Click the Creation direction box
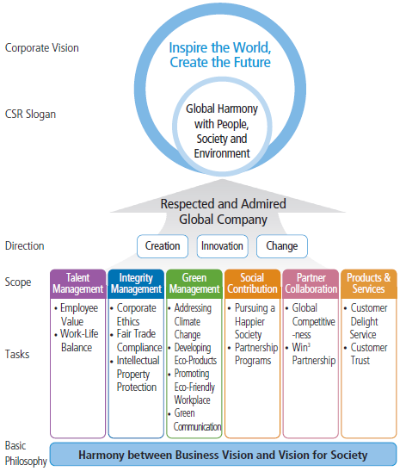pyautogui.click(x=163, y=246)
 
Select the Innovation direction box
pyautogui.click(x=222, y=246)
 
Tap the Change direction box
pyautogui.click(x=281, y=246)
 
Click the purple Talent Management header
pyautogui.click(x=77, y=283)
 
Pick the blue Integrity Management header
pyautogui.click(x=136, y=283)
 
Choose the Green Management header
pyautogui.click(x=194, y=283)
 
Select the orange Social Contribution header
pyautogui.click(x=252, y=283)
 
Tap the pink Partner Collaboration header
pyautogui.click(x=311, y=283)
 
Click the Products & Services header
pyautogui.click(x=368, y=283)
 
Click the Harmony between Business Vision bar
pyautogui.click(x=223, y=454)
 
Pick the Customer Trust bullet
pyautogui.click(x=372, y=353)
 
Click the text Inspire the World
pyautogui.click(x=220, y=48)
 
